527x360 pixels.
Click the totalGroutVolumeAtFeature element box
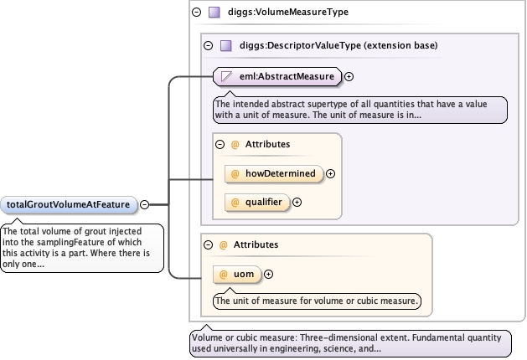tap(69, 203)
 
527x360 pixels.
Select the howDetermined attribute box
tap(274, 173)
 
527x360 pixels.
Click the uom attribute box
tap(238, 274)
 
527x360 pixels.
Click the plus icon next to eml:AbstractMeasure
tap(349, 76)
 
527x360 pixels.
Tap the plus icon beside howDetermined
tap(330, 173)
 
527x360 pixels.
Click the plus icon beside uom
tap(268, 274)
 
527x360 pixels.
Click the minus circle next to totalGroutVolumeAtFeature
tap(144, 203)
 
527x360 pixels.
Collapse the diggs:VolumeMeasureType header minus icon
tap(196, 13)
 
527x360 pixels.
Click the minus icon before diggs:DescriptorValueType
tap(208, 45)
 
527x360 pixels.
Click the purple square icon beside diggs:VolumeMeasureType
tap(214, 13)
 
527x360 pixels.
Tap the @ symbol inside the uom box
tap(224, 274)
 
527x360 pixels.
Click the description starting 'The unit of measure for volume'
tap(316, 300)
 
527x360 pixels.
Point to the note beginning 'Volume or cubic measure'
tap(349, 343)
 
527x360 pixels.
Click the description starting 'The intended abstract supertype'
tap(360, 109)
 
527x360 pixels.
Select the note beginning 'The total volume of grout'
tap(81, 248)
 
